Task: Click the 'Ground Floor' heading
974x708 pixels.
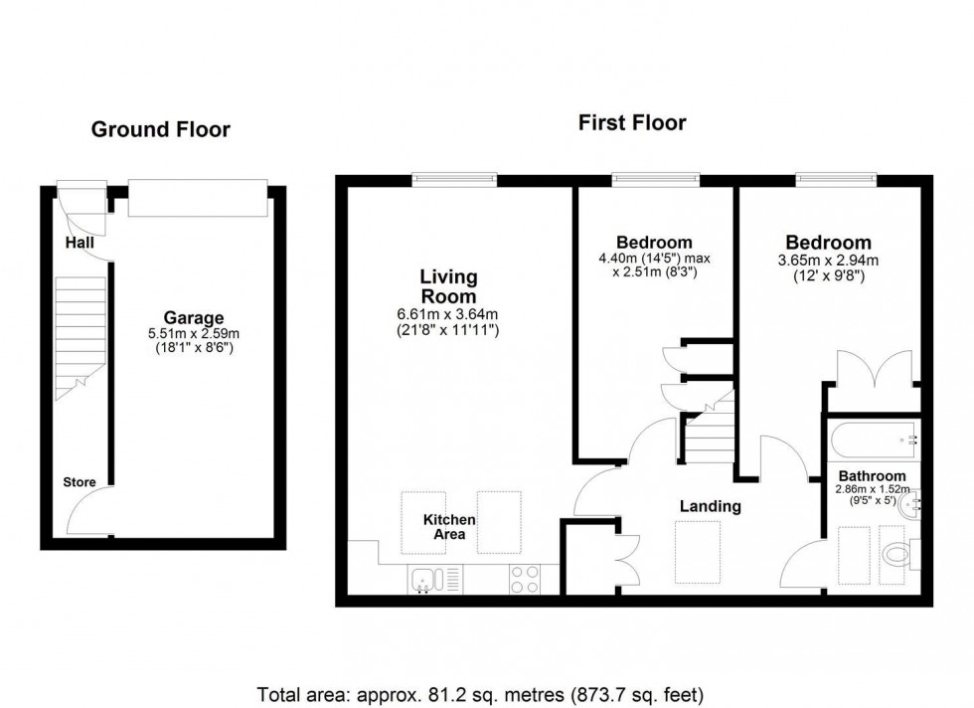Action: [160, 129]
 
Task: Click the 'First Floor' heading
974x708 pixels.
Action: [632, 123]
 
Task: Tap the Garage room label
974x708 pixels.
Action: [194, 318]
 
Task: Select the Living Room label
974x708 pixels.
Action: [447, 286]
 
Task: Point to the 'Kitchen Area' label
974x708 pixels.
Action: [449, 527]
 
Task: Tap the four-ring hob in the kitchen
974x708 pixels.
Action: [525, 578]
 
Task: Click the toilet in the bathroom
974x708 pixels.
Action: [897, 555]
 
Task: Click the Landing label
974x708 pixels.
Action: [710, 506]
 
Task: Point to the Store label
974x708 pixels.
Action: [80, 483]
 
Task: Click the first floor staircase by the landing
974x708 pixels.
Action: [711, 433]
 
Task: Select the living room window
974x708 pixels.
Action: [455, 180]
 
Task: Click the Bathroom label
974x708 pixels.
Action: [872, 476]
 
